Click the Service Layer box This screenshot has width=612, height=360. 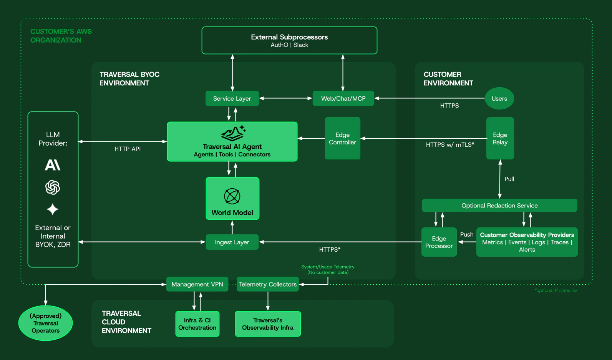(x=232, y=98)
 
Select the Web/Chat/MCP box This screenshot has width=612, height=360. (x=343, y=98)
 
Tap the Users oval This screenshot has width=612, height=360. (x=499, y=98)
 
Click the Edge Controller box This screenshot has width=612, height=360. (x=342, y=138)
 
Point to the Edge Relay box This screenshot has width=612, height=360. (x=500, y=138)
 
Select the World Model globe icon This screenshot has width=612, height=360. (x=232, y=196)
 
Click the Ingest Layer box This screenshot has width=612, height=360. (x=232, y=242)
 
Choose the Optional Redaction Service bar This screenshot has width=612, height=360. (x=499, y=205)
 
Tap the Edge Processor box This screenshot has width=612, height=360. (x=439, y=242)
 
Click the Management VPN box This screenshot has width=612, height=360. (x=197, y=284)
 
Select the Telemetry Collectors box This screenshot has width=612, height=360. (x=268, y=284)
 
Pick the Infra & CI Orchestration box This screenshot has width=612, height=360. (x=197, y=324)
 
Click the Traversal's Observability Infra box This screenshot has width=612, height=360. (x=268, y=324)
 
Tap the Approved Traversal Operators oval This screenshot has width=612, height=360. (x=45, y=323)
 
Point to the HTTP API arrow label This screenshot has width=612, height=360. (x=128, y=149)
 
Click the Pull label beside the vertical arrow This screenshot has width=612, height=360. (x=509, y=179)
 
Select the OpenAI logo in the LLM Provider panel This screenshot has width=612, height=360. (x=53, y=187)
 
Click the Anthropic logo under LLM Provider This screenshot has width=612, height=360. (x=53, y=165)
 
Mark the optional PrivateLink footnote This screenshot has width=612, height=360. (x=556, y=290)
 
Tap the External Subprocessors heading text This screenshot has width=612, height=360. (x=289, y=37)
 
